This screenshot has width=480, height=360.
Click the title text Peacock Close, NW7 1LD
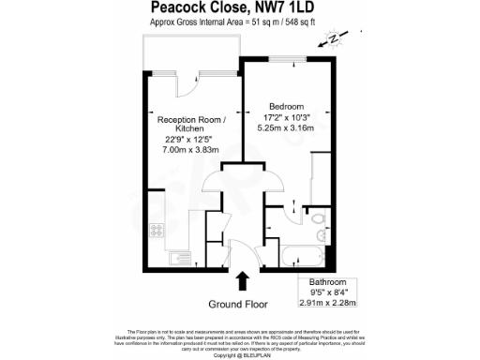pyautogui.click(x=239, y=8)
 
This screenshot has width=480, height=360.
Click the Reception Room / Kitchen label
pyautogui.click(x=190, y=126)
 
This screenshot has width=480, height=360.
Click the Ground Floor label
pyautogui.click(x=237, y=304)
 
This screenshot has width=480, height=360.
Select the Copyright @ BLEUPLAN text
pyautogui.click(x=239, y=355)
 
